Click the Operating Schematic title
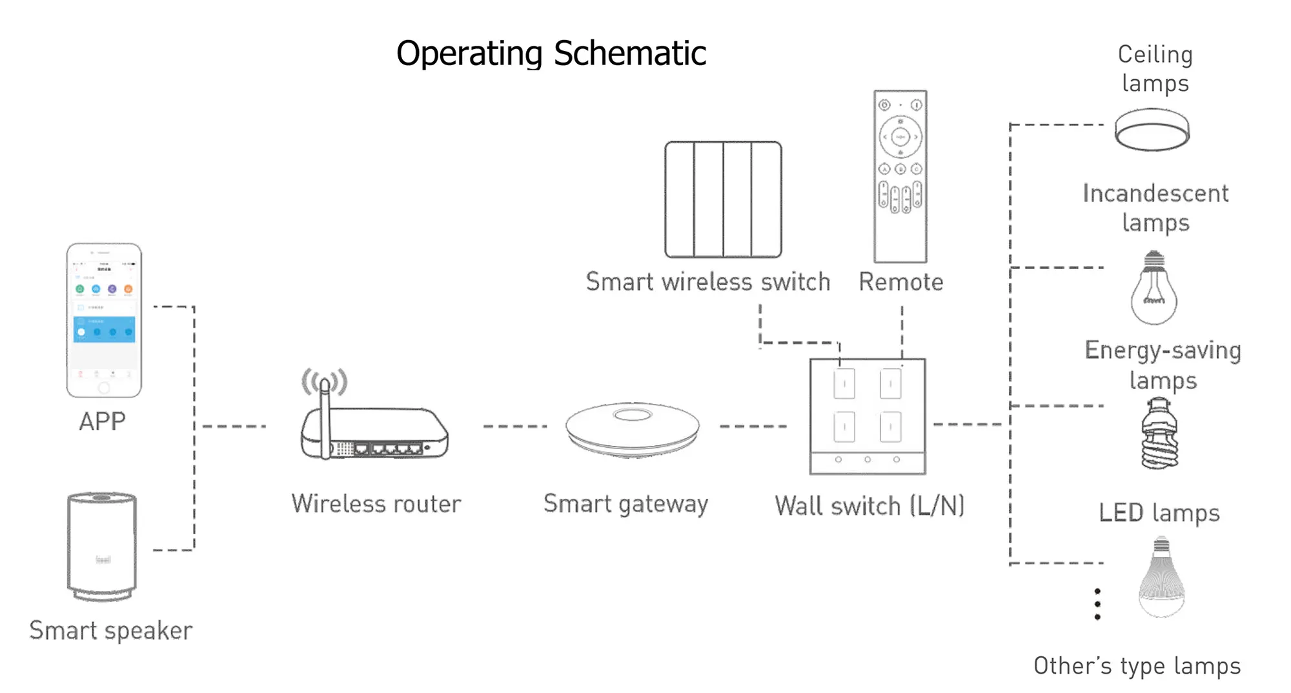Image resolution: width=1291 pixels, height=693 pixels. [551, 54]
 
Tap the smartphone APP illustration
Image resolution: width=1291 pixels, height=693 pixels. [104, 320]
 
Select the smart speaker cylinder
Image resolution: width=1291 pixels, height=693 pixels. [102, 546]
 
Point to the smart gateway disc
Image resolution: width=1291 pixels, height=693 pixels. [633, 429]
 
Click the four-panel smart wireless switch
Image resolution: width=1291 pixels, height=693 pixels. [723, 200]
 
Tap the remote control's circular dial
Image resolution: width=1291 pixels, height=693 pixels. [900, 137]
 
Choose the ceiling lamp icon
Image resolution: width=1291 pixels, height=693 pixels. [1152, 130]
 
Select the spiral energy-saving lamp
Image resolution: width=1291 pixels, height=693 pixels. [1160, 434]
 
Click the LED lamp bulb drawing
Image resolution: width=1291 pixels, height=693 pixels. [1161, 577]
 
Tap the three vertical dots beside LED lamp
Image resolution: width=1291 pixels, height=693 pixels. [1097, 604]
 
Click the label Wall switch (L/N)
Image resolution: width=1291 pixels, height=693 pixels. [869, 507]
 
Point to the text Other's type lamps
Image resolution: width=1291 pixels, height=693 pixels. [1137, 666]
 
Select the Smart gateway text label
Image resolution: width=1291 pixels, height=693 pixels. [625, 504]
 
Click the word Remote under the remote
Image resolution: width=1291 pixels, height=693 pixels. [900, 282]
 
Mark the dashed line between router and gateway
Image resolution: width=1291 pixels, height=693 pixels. [514, 427]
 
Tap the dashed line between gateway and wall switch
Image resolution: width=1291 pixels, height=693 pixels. [753, 427]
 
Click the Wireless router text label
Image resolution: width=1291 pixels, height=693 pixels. [376, 504]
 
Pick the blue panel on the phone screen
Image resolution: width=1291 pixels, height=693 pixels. [104, 329]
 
